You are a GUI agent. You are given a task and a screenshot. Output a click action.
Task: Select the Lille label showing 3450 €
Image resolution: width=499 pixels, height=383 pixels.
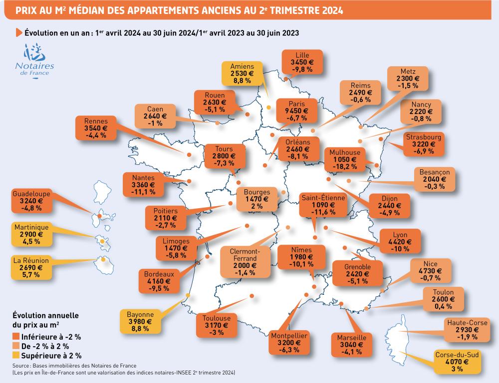(x=301, y=62)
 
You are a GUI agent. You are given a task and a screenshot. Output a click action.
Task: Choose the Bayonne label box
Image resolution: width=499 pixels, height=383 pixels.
(x=140, y=322)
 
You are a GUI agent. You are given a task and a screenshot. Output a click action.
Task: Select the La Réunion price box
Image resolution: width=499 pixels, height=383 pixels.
(x=31, y=267)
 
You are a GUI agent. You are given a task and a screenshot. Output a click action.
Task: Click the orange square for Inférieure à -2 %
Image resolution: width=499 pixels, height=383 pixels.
(x=16, y=336)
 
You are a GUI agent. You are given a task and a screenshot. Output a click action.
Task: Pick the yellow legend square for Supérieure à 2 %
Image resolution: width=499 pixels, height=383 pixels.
(x=16, y=356)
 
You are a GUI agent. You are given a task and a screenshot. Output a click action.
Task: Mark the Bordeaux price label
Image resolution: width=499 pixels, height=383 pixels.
(x=159, y=281)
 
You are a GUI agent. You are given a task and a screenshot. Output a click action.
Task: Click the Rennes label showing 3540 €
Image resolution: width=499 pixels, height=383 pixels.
(x=93, y=128)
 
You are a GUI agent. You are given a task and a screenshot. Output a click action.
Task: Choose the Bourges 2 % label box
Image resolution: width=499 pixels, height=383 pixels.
(x=257, y=199)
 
